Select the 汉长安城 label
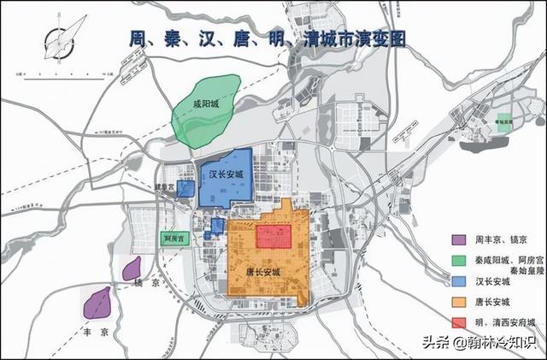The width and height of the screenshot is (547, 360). (x=226, y=174)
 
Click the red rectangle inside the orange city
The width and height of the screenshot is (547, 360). (x=276, y=235)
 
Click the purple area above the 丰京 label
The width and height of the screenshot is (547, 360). (x=97, y=302)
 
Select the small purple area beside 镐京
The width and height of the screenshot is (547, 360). (x=132, y=269)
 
